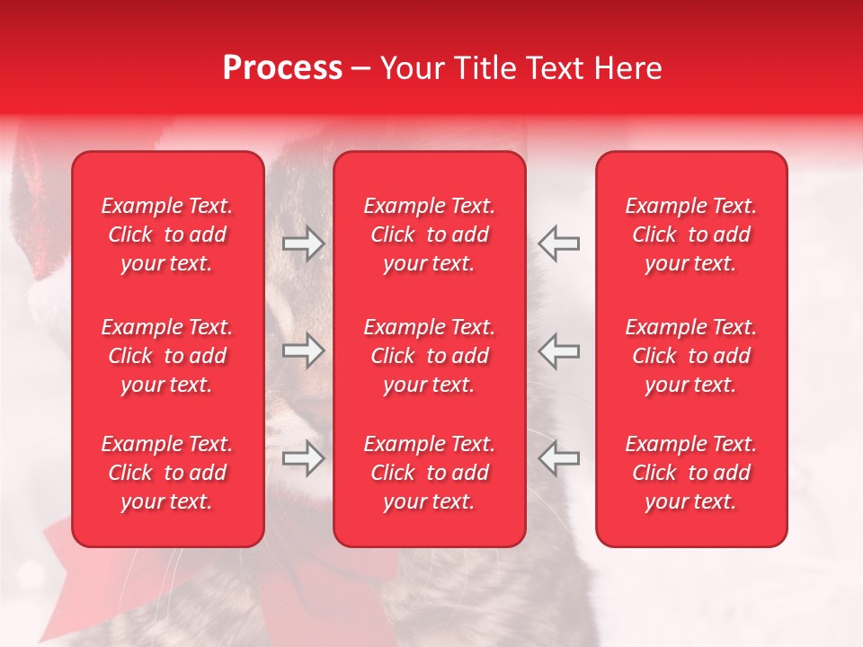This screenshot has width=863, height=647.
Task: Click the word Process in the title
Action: (282, 68)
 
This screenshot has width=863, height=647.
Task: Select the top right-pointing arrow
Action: (304, 244)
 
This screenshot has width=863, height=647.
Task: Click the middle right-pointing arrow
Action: (304, 350)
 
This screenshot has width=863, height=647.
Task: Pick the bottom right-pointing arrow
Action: (304, 458)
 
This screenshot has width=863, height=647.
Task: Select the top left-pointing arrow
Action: (559, 244)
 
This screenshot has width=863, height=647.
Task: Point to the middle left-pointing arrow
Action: (559, 350)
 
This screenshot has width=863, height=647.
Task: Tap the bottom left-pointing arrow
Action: (559, 458)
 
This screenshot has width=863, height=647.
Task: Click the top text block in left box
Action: (167, 235)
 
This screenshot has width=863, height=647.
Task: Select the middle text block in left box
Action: (167, 356)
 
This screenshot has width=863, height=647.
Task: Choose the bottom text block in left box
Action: (167, 473)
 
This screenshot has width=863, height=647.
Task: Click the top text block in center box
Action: (430, 235)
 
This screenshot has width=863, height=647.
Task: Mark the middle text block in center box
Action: (430, 356)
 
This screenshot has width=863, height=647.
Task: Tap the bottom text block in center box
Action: (430, 473)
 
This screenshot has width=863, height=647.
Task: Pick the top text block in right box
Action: (691, 235)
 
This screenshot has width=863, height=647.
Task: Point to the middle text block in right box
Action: (691, 356)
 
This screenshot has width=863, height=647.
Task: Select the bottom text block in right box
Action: (691, 473)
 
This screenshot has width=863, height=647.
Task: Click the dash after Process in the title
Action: (361, 69)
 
